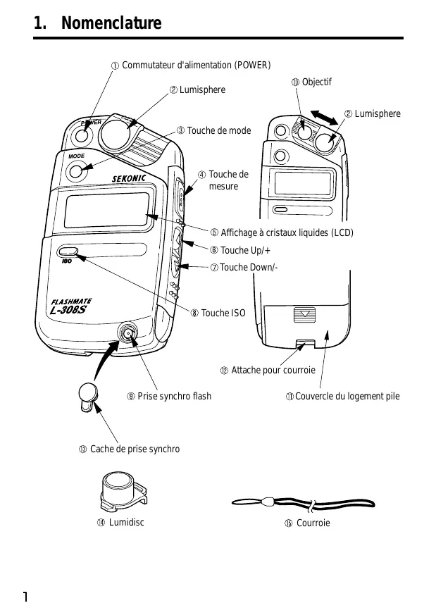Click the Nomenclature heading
(x=111, y=23)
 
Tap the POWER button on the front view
(x=82, y=135)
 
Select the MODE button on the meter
(x=75, y=171)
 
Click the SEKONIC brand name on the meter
(x=129, y=178)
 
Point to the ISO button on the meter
(x=68, y=251)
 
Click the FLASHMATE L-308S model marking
(x=71, y=306)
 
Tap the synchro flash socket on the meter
(x=127, y=333)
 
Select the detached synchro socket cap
(x=87, y=397)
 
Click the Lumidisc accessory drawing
(x=123, y=492)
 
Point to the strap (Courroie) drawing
(x=303, y=503)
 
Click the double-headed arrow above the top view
(x=324, y=118)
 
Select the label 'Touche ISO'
(x=223, y=313)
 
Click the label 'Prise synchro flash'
(x=174, y=396)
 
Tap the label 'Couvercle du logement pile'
(x=347, y=396)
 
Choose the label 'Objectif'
(x=316, y=82)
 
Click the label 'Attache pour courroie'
(x=273, y=371)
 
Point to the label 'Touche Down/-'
(x=249, y=268)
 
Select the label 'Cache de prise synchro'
(x=135, y=449)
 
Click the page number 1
(x=25, y=597)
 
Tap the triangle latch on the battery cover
(x=305, y=314)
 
